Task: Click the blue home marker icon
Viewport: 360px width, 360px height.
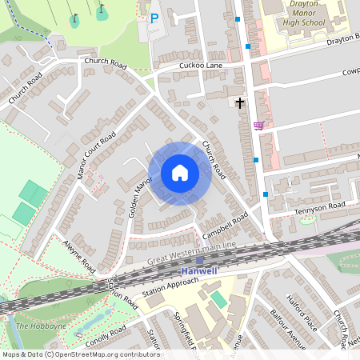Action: tap(180, 173)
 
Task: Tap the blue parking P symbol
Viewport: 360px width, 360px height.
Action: tap(154, 17)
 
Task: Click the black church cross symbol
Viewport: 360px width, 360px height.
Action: tap(239, 102)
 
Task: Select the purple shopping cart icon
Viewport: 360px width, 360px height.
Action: tap(258, 125)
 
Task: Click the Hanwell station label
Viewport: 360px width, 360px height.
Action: tap(198, 271)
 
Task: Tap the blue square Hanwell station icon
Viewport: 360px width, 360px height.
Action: tap(199, 282)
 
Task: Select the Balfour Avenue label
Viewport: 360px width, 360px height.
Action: tap(286, 329)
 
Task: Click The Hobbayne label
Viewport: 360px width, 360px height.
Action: tap(34, 326)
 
